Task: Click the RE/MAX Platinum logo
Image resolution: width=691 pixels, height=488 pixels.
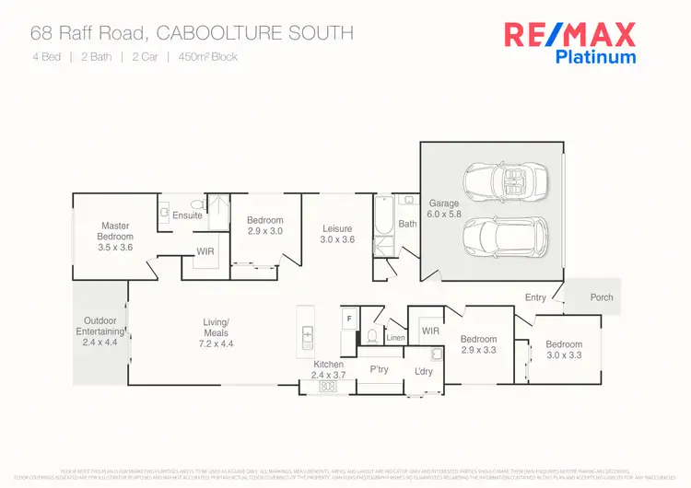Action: click(569, 42)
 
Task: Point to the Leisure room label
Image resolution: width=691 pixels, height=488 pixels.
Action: click(338, 234)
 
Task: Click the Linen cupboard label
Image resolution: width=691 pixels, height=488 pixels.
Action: click(395, 339)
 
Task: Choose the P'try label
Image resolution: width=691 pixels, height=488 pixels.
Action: click(379, 368)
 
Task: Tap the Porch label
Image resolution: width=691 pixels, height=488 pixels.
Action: click(602, 297)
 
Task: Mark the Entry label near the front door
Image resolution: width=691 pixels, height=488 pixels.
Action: click(535, 297)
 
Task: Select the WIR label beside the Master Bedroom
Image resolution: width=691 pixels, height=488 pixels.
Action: click(205, 251)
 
